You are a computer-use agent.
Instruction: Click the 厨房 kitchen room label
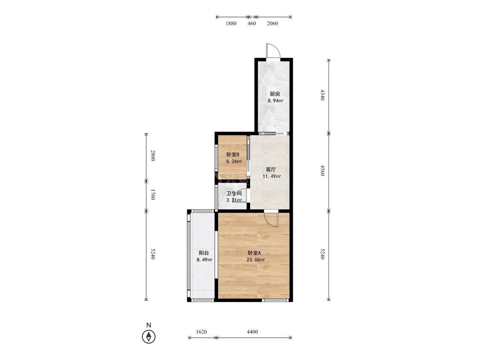(275, 94)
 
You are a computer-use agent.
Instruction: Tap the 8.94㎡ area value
(276, 101)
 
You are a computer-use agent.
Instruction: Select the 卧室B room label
(233, 154)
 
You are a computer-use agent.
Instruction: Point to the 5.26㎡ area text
(234, 161)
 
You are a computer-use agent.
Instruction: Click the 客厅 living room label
(271, 169)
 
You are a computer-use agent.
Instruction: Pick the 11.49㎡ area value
(272, 176)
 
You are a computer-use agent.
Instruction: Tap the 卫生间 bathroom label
(234, 194)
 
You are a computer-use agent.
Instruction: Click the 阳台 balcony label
(204, 253)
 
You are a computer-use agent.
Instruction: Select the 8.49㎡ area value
(204, 260)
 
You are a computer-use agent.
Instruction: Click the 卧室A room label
(254, 253)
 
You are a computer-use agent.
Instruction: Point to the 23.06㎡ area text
(256, 260)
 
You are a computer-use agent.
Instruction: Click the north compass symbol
(149, 337)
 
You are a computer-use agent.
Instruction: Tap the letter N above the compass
(149, 325)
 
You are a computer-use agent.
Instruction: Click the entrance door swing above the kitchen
(273, 50)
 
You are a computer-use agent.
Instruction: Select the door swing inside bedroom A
(271, 220)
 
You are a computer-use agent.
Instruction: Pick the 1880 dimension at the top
(231, 23)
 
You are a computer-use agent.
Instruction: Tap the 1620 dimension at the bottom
(201, 332)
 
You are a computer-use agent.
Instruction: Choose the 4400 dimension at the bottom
(252, 332)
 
